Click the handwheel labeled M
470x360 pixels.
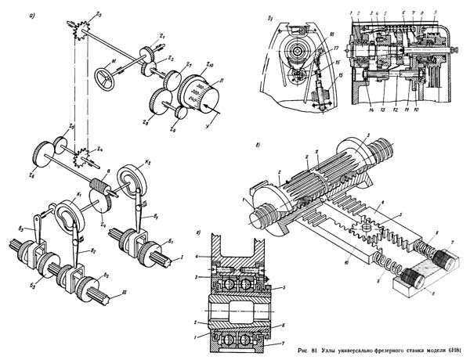pos(103,77)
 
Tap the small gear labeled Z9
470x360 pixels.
pos(180,113)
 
